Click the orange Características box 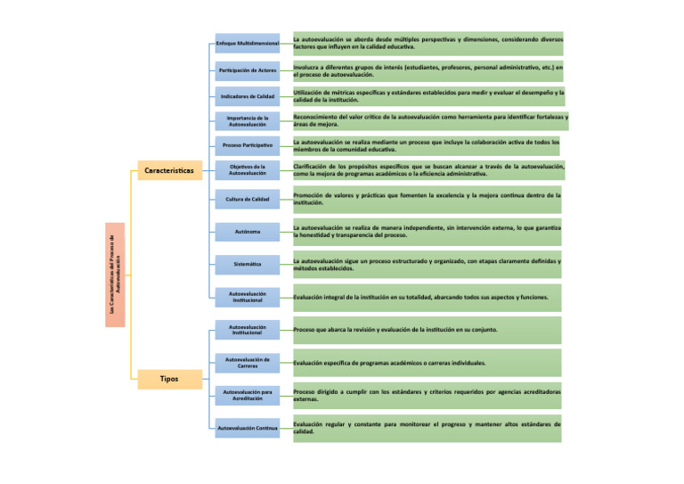click(x=169, y=170)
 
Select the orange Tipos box click(x=169, y=379)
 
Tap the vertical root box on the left click(x=115, y=275)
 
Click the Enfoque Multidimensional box click(x=248, y=43)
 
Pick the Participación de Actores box click(x=248, y=70)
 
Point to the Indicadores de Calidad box click(x=248, y=95)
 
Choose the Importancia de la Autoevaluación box click(x=248, y=121)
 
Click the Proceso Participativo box click(x=248, y=144)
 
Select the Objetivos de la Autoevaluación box click(x=248, y=169)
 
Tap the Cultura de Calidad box click(x=248, y=199)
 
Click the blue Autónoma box click(x=248, y=233)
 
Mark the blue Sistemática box click(x=248, y=265)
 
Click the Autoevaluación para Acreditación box click(x=248, y=395)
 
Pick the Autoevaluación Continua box click(x=248, y=429)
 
